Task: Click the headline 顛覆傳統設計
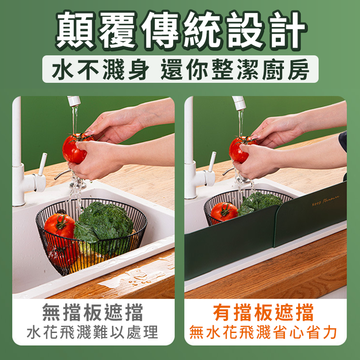tap(180, 31)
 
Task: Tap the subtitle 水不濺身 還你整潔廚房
tap(180, 70)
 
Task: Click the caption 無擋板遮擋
tap(93, 312)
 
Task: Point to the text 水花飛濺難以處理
tap(93, 333)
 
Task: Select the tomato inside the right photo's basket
tap(224, 211)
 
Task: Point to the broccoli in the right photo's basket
tap(261, 202)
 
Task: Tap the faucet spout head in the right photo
tap(239, 102)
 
